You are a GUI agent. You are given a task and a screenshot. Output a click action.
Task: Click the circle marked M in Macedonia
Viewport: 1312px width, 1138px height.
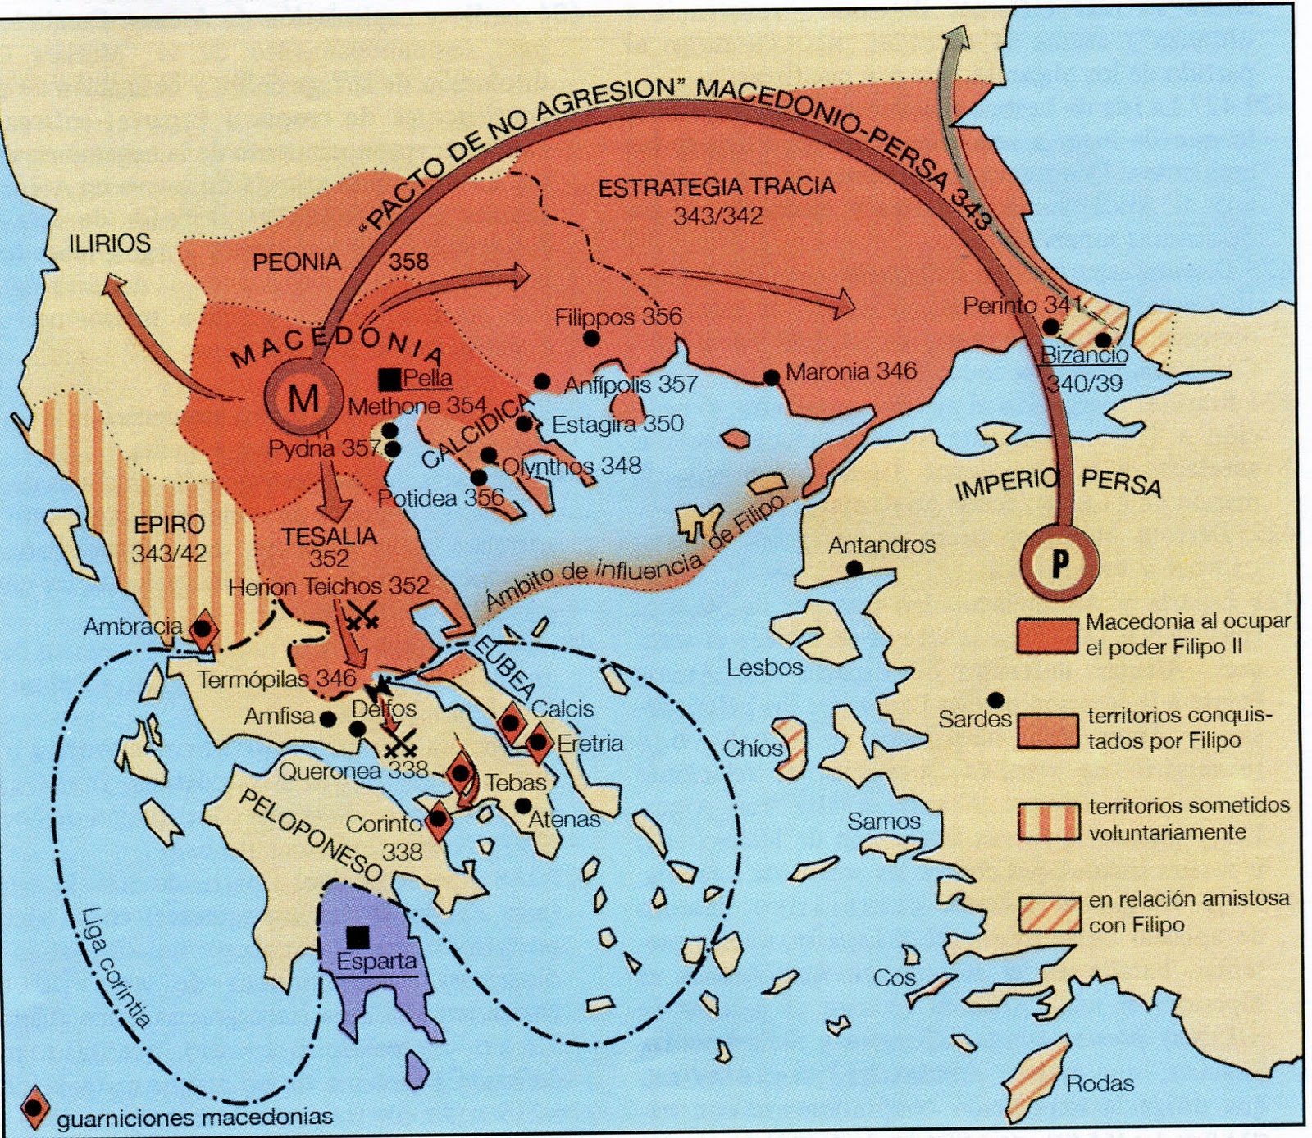(x=303, y=398)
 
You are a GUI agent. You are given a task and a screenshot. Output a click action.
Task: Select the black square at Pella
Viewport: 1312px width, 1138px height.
(x=389, y=378)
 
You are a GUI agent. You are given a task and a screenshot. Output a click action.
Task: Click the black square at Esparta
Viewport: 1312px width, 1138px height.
(x=358, y=935)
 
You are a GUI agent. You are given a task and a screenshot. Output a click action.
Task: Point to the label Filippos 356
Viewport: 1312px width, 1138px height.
(x=617, y=317)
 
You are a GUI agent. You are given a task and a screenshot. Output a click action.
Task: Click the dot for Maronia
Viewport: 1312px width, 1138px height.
(x=771, y=377)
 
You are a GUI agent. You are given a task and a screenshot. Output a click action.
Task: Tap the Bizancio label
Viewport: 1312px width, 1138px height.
(x=1084, y=356)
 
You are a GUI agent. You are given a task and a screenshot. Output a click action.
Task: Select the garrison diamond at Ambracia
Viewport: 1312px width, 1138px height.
(x=203, y=630)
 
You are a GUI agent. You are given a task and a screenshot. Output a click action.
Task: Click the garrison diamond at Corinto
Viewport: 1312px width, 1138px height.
(x=439, y=818)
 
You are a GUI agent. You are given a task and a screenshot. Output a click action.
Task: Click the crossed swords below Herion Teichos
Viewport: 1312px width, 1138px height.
(x=362, y=614)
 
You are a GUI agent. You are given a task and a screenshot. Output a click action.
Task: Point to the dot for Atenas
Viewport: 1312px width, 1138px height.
(x=522, y=806)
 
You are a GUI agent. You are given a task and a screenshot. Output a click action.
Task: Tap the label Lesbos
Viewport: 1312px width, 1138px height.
(x=764, y=667)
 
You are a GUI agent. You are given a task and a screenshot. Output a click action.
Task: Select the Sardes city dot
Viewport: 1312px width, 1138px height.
(x=995, y=700)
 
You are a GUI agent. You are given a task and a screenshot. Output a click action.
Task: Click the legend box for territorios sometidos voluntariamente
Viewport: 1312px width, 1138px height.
(x=1047, y=821)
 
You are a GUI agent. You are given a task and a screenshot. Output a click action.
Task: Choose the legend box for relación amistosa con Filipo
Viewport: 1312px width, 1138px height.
(x=1047, y=913)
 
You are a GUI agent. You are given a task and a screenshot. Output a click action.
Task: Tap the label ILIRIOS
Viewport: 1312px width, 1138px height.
(x=109, y=244)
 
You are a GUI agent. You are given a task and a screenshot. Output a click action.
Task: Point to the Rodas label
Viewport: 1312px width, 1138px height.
(x=1099, y=1083)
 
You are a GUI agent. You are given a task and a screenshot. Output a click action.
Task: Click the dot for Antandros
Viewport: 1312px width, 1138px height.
(x=854, y=567)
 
